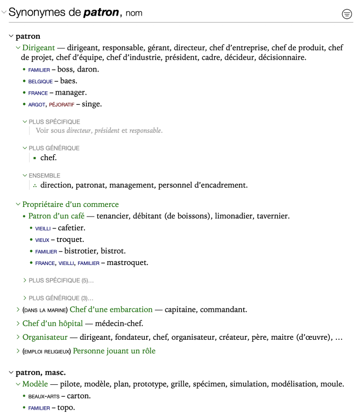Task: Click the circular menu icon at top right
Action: [x=347, y=15]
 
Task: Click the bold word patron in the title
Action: [x=101, y=12]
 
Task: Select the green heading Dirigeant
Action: [x=39, y=48]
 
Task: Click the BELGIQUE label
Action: [x=40, y=81]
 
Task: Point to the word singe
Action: [x=91, y=104]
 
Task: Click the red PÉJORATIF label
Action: [x=61, y=104]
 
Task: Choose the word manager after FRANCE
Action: [x=70, y=92]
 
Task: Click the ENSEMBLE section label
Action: [x=44, y=175]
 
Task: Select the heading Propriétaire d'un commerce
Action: [x=70, y=204]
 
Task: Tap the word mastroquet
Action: [x=127, y=262]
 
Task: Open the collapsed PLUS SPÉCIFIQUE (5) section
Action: [x=61, y=280]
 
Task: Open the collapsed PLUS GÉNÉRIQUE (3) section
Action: [x=61, y=298]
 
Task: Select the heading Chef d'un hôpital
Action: [x=53, y=323]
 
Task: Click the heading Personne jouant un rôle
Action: [x=114, y=351]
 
